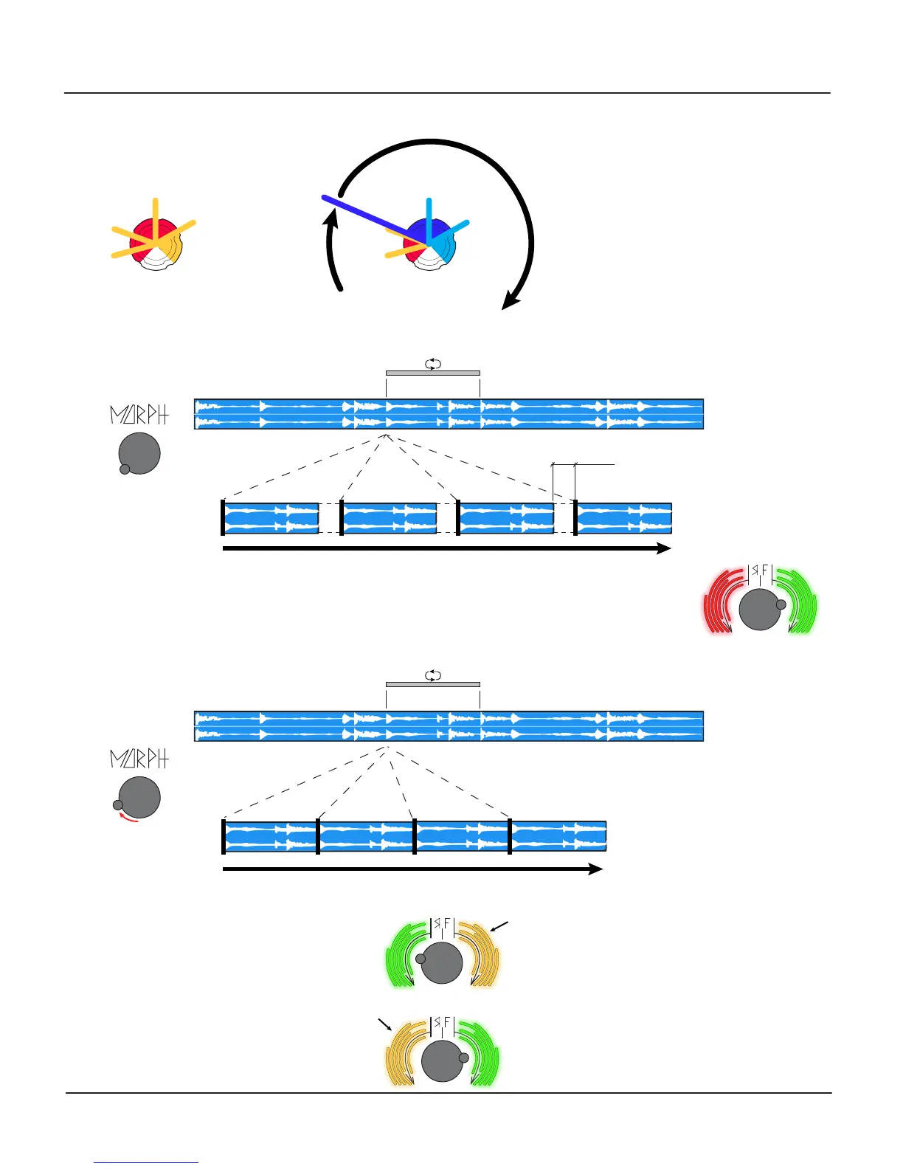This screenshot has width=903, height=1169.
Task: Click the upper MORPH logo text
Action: click(139, 415)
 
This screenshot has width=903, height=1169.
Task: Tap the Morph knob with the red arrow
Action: click(139, 798)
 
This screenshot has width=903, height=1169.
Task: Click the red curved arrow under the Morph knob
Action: click(129, 818)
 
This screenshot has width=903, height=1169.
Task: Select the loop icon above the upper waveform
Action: click(433, 363)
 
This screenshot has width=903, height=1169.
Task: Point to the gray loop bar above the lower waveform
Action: click(433, 684)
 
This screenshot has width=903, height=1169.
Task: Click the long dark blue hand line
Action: click(369, 217)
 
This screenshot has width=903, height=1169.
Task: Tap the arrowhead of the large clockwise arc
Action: click(510, 301)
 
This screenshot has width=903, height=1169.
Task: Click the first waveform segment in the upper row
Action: click(271, 518)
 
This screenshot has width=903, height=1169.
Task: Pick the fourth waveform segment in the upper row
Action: click(624, 518)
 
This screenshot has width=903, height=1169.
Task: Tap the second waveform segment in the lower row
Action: click(365, 836)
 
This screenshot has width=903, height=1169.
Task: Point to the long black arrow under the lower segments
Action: click(413, 869)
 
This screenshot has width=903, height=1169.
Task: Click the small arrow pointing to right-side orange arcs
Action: click(500, 927)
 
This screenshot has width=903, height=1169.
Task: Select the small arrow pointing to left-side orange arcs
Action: click(384, 1024)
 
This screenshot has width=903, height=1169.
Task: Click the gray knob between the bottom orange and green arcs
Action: click(443, 1061)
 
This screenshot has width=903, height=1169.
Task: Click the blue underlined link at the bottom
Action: click(146, 1162)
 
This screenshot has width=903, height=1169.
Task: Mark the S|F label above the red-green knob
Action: click(760, 571)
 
